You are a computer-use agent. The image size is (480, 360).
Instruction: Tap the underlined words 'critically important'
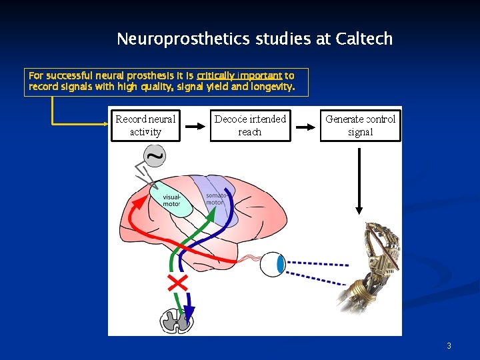coord(239,76)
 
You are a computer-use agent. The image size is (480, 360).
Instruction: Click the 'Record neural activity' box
coord(145,125)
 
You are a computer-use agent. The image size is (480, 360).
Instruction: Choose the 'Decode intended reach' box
coord(250,125)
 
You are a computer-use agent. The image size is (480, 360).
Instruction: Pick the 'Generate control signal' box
coord(360,125)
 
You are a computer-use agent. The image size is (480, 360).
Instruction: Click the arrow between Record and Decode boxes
coord(195,125)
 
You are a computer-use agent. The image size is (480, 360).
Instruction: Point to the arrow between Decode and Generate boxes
coord(305,125)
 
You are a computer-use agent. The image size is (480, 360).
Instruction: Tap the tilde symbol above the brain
coord(155,157)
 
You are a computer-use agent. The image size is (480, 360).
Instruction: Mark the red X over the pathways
coord(177,282)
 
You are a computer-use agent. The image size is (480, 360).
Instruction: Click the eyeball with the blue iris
coord(273,264)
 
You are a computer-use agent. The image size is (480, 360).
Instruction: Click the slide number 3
coord(449,345)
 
